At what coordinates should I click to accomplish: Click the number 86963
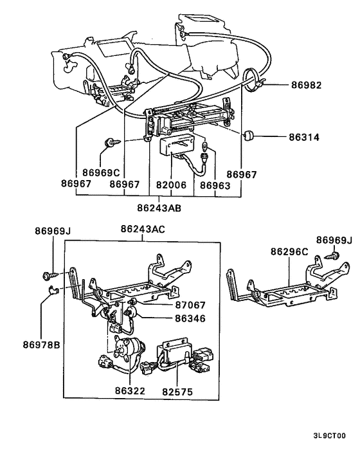click(214, 184)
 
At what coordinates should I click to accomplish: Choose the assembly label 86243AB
click(159, 207)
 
